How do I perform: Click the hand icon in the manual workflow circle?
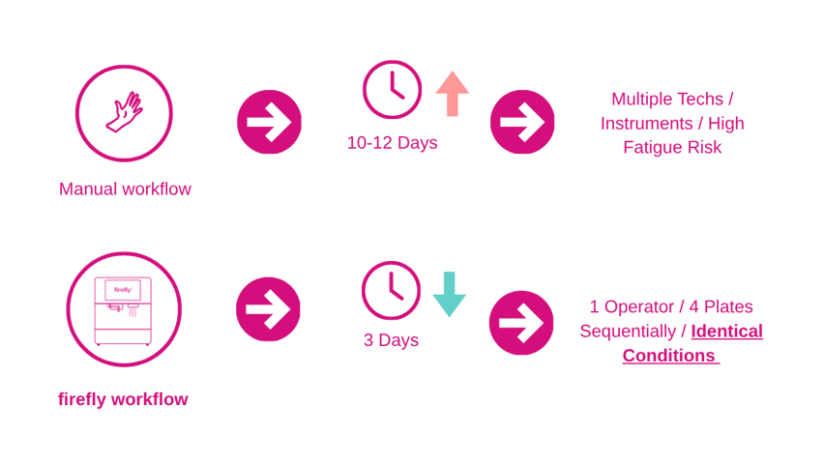coord(124,112)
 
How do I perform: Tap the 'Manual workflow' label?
coord(125,189)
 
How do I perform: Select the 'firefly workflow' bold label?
coord(123,399)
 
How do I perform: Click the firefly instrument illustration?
coord(123,311)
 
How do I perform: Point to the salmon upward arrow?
coord(453,94)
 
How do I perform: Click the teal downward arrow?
coord(450,295)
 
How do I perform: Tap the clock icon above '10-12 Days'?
coord(392,90)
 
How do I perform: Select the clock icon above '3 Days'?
coord(391,290)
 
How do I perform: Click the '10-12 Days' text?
coord(392,143)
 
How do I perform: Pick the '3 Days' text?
coord(391,340)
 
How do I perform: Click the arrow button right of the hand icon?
coord(269,122)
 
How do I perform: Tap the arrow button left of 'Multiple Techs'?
coord(522,122)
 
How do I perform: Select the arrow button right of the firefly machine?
coord(268,309)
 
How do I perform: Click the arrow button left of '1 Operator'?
coord(521,323)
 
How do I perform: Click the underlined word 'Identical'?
coord(726,332)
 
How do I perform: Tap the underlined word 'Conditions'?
coord(669,356)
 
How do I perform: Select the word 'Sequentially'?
coord(628,332)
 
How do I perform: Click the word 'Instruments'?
coord(647,124)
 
